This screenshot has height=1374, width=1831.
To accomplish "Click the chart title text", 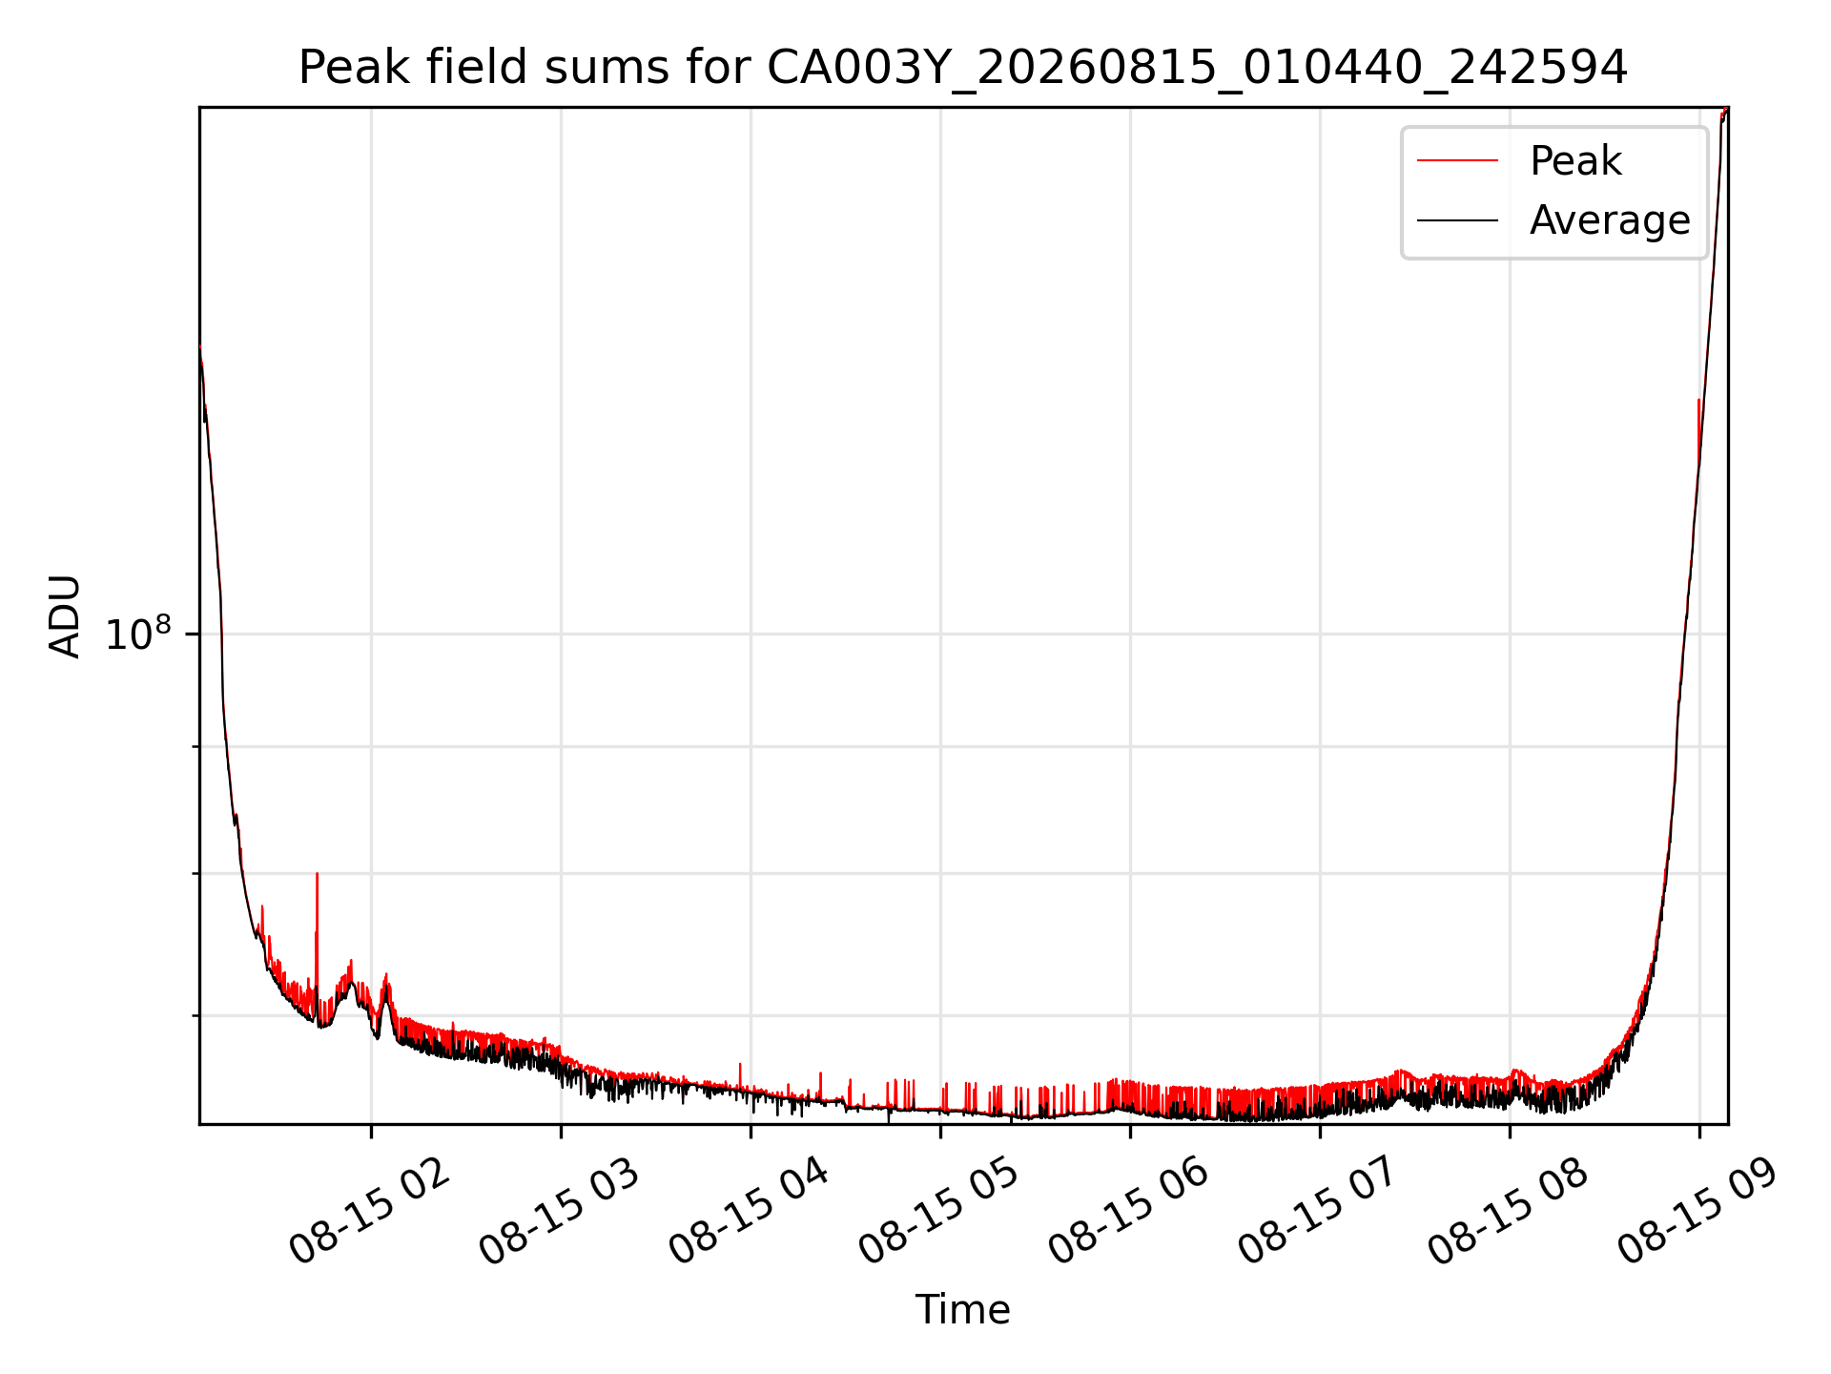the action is pyautogui.click(x=963, y=68).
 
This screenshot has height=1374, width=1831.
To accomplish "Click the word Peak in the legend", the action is pyautogui.click(x=1575, y=160).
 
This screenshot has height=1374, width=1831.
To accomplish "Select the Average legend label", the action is pyautogui.click(x=1610, y=220).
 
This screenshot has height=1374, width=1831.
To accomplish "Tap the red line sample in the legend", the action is pyautogui.click(x=1457, y=160).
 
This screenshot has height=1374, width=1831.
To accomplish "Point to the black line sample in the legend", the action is pyautogui.click(x=1457, y=220).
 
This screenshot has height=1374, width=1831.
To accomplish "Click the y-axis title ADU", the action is pyautogui.click(x=65, y=616).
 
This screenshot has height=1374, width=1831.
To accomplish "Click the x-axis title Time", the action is pyautogui.click(x=963, y=1310).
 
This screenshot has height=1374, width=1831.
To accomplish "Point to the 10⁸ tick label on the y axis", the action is pyautogui.click(x=138, y=635).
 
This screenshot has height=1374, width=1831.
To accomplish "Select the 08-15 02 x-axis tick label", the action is pyautogui.click(x=369, y=1212).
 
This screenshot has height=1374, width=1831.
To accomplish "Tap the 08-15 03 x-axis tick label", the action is pyautogui.click(x=559, y=1212).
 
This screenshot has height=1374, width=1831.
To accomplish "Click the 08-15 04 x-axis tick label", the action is pyautogui.click(x=749, y=1212).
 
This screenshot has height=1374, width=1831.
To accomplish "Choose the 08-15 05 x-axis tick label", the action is pyautogui.click(x=938, y=1212).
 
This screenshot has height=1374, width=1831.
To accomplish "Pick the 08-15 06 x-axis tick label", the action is pyautogui.click(x=1128, y=1212).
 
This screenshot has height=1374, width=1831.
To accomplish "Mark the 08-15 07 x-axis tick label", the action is pyautogui.click(x=1318, y=1212).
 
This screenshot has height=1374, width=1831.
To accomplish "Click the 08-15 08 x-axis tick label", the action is pyautogui.click(x=1508, y=1212).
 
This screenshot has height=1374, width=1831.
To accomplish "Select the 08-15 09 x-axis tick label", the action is pyautogui.click(x=1697, y=1212).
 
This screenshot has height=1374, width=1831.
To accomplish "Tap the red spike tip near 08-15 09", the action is pyautogui.click(x=1698, y=400).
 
